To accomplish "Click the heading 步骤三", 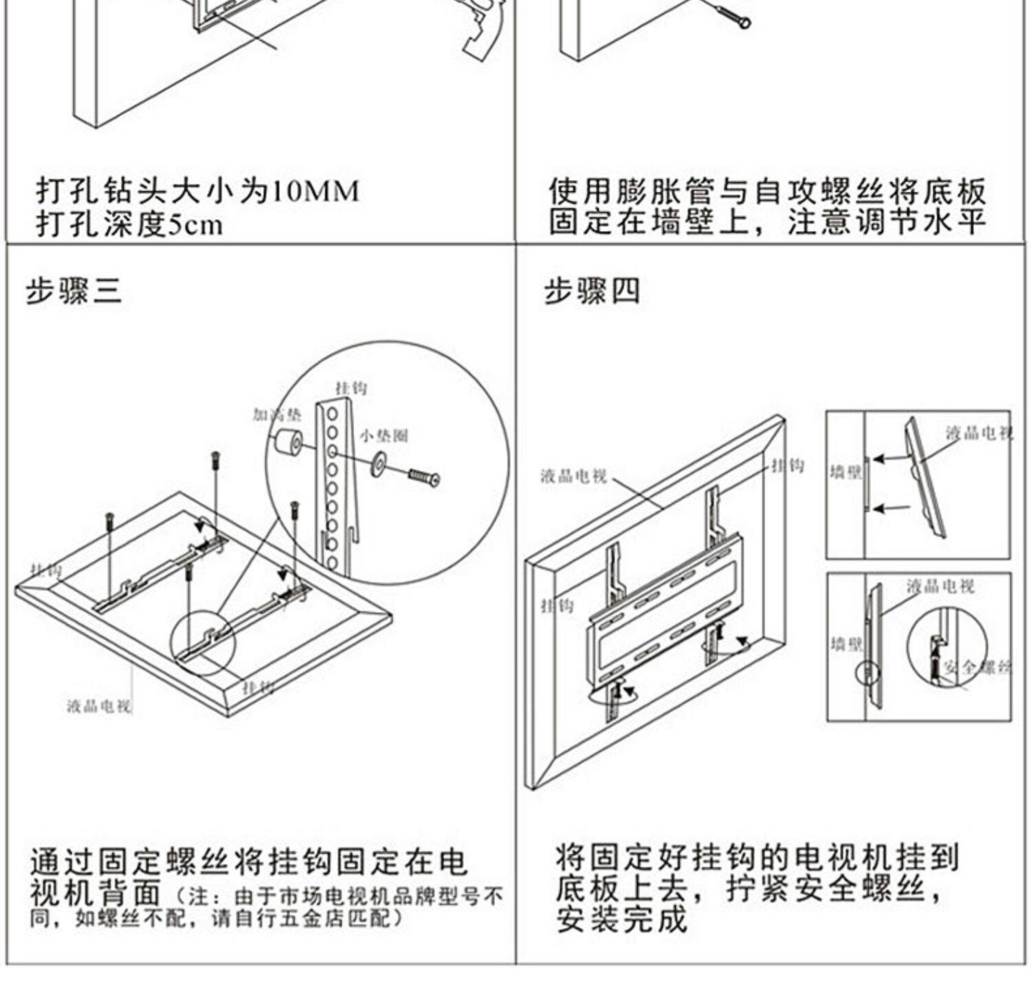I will click(74, 292).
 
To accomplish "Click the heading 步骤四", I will click(592, 291).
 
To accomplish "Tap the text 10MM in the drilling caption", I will click(315, 191).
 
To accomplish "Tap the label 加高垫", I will click(276, 414).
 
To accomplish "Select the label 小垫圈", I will click(384, 435).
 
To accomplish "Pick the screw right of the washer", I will click(424, 477).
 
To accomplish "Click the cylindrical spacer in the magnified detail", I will click(289, 441).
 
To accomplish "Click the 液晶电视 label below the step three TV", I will click(99, 706).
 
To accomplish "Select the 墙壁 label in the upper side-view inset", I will click(845, 473).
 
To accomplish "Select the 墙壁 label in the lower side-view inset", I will click(846, 644).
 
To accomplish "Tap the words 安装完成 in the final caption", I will click(622, 920).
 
